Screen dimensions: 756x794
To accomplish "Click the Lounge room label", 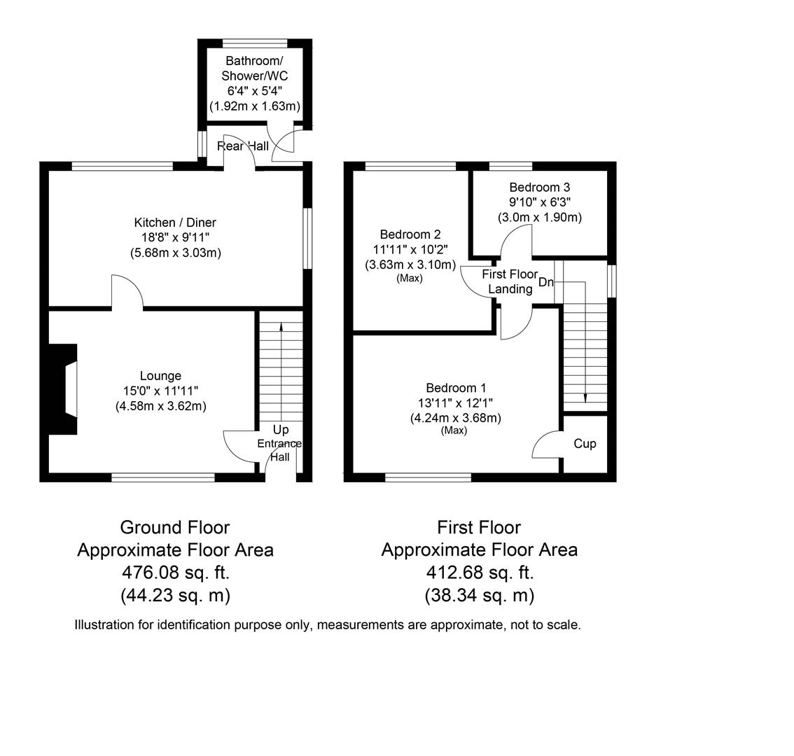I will click(160, 376).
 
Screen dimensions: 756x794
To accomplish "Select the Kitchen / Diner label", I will click(175, 223).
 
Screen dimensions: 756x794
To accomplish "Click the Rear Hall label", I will click(242, 146).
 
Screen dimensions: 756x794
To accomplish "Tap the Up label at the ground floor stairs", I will click(280, 430).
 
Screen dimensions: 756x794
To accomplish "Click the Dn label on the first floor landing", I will click(546, 282).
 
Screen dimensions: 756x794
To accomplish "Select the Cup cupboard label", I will click(585, 444).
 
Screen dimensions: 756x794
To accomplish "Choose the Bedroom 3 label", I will click(539, 188).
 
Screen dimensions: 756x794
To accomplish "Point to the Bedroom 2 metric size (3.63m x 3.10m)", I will click(410, 265).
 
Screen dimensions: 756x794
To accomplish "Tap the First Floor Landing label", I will click(510, 281).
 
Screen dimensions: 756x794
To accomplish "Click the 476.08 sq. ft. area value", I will click(175, 573).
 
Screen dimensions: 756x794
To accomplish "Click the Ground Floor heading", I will click(175, 527).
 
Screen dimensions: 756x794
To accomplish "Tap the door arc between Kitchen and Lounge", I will click(128, 291).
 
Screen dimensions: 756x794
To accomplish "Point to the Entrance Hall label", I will click(279, 450).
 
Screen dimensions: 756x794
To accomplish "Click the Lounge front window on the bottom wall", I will click(163, 477).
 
